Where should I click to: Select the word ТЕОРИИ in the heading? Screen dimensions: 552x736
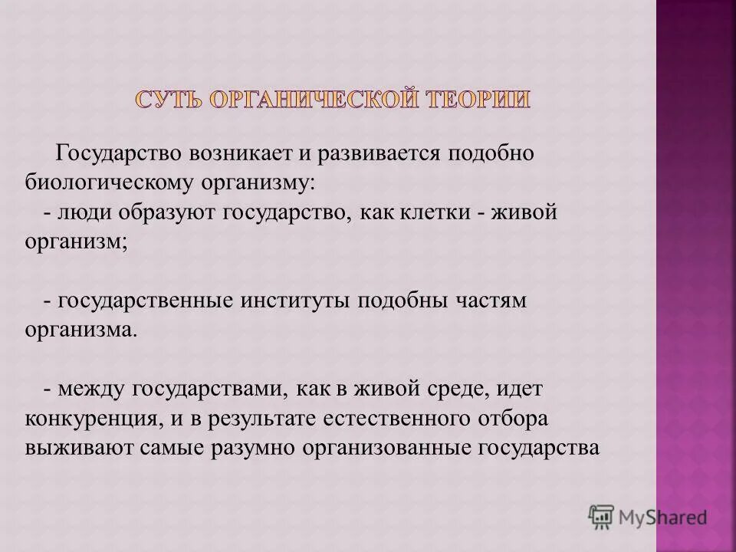click(475, 100)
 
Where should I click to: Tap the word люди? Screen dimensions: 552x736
click(76, 212)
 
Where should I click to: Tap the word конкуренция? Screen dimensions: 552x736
click(92, 419)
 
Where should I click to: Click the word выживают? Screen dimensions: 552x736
click(81, 449)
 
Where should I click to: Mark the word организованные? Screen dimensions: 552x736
click(387, 449)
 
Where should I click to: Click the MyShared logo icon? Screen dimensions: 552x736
click(601, 516)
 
